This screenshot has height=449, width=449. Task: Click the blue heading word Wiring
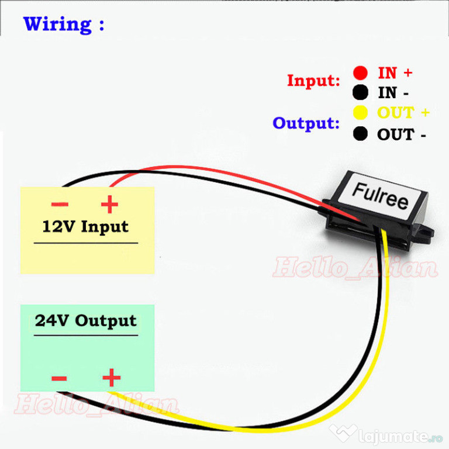[57, 25]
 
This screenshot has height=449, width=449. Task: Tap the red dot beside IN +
[360, 72]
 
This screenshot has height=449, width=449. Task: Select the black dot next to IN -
[360, 92]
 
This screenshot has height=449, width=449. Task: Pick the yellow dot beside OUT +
[360, 112]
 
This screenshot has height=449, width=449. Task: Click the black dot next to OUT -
[360, 134]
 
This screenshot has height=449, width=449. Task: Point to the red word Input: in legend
[313, 81]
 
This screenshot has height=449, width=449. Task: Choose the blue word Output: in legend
[306, 124]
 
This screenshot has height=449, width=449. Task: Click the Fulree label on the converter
[380, 196]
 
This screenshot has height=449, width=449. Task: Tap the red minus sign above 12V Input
[60, 204]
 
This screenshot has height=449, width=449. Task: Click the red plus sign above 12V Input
[109, 204]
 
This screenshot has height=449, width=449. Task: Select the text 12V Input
[85, 227]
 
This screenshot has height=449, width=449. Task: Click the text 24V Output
[85, 321]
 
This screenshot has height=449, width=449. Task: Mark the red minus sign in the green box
[59, 378]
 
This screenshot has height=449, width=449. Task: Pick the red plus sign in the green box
[112, 378]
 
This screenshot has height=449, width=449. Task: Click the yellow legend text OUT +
[403, 112]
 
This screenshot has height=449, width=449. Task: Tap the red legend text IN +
[395, 72]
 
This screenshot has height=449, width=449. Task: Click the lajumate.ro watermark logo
[386, 436]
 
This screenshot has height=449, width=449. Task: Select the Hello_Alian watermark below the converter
[355, 267]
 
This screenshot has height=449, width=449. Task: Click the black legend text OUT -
[402, 134]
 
